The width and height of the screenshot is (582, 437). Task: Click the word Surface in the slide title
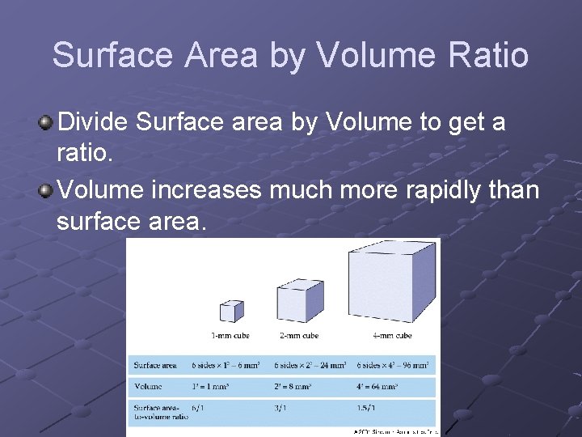pos(112,55)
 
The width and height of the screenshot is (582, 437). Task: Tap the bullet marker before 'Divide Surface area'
pos(47,122)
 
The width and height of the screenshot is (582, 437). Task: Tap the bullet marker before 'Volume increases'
pos(47,190)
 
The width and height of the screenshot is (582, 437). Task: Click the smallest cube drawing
pos(231,311)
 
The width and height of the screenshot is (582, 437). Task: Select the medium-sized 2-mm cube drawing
pos(300,300)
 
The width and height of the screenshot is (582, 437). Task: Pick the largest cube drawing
pos(392,280)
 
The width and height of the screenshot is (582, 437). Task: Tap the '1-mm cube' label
pos(230,335)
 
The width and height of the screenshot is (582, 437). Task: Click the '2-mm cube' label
pos(300,335)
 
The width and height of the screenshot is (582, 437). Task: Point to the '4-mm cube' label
pos(392,335)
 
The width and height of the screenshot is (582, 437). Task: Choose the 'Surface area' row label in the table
pos(156,365)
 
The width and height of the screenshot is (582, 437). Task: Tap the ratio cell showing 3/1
pos(281,409)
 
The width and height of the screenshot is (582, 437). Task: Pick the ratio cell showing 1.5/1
pos(366,409)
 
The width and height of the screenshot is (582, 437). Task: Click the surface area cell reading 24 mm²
pos(310,365)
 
